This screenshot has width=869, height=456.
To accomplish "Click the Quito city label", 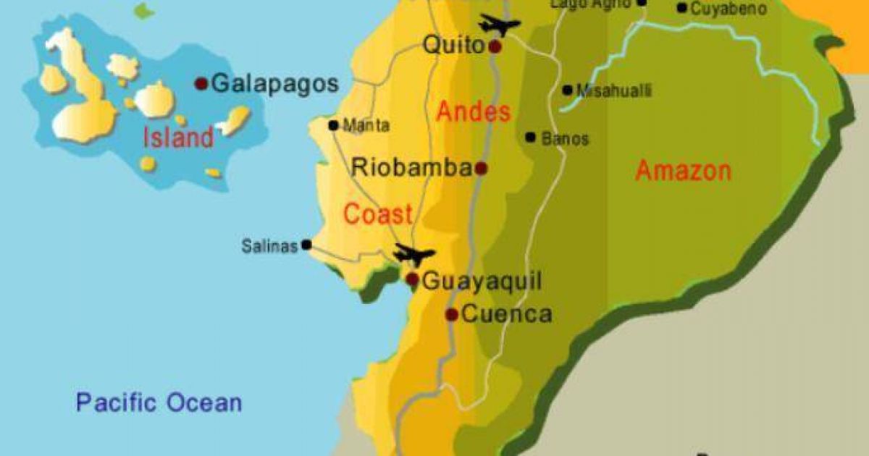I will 453,45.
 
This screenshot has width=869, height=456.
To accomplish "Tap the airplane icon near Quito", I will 499,25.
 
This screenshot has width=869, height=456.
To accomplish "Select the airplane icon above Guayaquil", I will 413,255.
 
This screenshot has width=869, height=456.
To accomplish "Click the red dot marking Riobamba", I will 481,169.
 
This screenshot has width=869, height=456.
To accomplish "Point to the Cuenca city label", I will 506,314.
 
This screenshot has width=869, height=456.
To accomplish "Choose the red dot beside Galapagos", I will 201,84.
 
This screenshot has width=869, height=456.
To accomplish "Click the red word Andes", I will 474,111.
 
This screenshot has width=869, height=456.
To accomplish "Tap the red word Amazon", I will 683,171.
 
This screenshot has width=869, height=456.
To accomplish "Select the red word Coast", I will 377,214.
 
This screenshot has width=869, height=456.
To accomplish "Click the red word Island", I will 178,137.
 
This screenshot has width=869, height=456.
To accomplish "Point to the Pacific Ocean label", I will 159,402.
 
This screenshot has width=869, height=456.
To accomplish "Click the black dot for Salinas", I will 306,245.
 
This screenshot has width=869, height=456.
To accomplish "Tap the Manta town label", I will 366,126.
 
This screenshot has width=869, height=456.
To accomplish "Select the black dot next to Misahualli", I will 567,90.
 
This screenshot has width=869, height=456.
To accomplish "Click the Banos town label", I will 565,138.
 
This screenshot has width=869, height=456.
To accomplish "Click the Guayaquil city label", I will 481,281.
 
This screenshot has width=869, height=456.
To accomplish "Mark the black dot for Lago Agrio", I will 642,3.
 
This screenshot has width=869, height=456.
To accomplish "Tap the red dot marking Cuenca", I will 451,314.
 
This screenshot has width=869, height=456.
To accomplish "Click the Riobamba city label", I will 411,168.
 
